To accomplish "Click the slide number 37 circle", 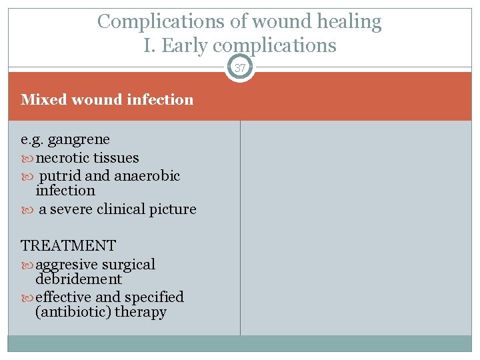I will [240, 68].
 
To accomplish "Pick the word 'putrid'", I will [61, 176].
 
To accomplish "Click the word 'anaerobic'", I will [147, 176].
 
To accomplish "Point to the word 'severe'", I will [71, 209].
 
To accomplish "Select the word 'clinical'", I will [123, 209].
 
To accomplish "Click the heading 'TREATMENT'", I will [68, 246].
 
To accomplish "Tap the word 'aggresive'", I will [66, 265].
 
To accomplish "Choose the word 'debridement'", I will [79, 279].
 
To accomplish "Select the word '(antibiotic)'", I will [73, 312].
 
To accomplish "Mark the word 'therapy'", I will [141, 312].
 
